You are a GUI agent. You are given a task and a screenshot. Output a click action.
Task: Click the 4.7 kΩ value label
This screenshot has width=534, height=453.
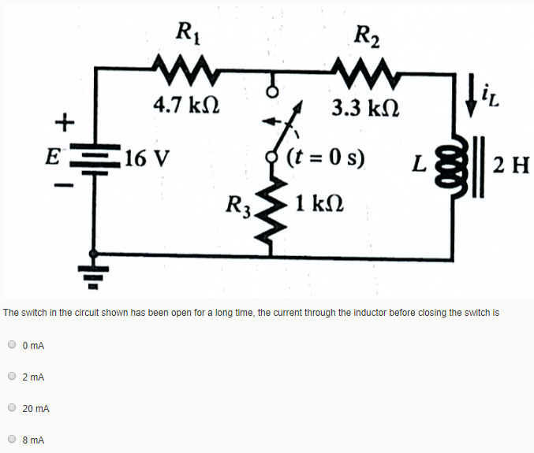coord(187,105)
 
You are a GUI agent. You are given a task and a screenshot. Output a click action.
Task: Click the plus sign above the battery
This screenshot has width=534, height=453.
coord(62,122)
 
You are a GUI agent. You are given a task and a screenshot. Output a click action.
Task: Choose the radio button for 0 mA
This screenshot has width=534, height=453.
coord(13,344)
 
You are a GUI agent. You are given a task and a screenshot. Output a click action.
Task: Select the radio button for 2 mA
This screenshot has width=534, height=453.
coord(13,377)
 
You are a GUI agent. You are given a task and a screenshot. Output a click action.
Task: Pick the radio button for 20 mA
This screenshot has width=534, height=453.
coord(13,408)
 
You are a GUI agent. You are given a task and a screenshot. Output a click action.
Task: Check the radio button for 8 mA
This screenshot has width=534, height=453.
coord(13,440)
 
